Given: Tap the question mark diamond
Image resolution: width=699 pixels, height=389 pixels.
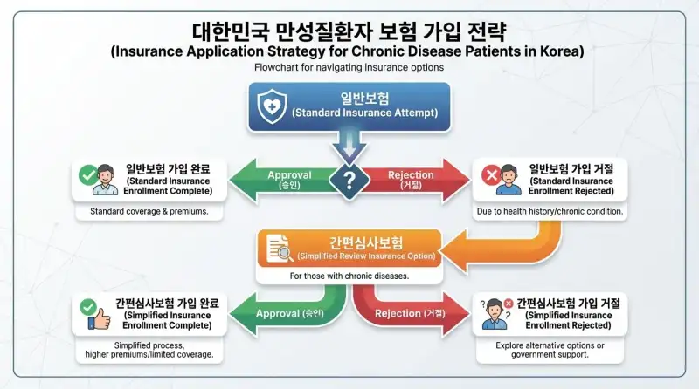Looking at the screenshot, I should pyautogui.click(x=349, y=181).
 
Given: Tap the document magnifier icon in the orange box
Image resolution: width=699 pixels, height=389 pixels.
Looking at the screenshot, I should pyautogui.click(x=279, y=249).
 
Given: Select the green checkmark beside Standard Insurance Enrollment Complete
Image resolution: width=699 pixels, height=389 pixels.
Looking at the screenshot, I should pyautogui.click(x=87, y=176).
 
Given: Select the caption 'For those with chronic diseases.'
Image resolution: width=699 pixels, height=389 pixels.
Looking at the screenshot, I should pyautogui.click(x=349, y=276).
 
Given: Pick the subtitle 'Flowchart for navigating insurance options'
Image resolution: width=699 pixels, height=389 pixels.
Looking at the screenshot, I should pyautogui.click(x=349, y=67).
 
